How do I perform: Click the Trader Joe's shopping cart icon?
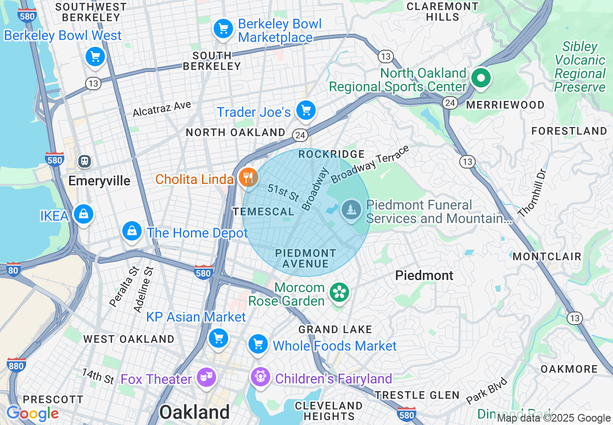click(306, 111)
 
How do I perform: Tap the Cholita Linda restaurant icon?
click(248, 177)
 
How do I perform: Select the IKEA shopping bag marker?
click(84, 214)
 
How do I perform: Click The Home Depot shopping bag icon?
click(131, 231)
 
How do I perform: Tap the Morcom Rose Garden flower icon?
click(339, 292)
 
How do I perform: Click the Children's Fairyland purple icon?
click(260, 376)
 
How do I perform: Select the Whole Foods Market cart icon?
click(258, 344)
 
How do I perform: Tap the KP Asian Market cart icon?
click(218, 337)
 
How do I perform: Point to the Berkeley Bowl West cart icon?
click(95, 57)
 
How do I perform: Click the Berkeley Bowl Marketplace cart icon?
click(223, 29)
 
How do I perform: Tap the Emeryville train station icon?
click(85, 161)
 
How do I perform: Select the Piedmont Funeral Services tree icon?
click(352, 210)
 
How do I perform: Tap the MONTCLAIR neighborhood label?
click(547, 256)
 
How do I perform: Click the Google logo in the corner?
click(32, 413)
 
